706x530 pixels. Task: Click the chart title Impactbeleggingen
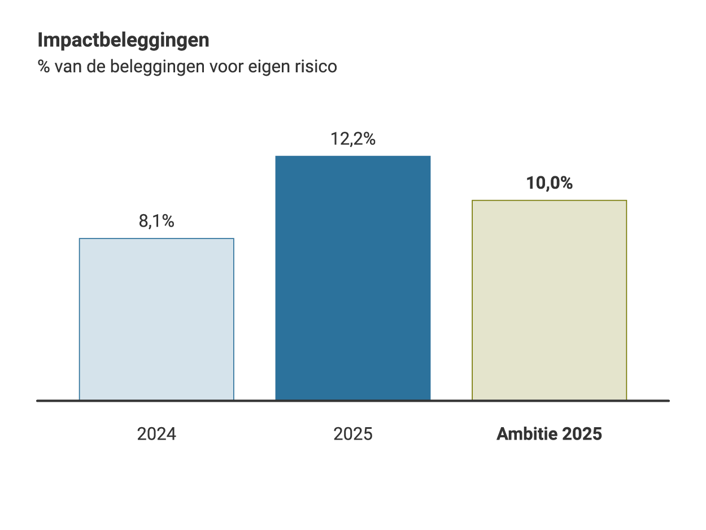point(123,41)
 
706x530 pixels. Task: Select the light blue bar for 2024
point(156,319)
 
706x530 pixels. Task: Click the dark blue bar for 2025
point(353,278)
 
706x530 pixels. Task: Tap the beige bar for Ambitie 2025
point(549,300)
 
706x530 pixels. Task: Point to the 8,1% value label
point(156,221)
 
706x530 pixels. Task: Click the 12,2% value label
point(353,139)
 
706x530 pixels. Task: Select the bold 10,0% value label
point(549,183)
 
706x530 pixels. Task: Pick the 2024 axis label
point(156,434)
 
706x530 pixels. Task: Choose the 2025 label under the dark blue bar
point(353,434)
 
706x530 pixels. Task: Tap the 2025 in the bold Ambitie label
point(582,434)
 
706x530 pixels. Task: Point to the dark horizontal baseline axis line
point(353,401)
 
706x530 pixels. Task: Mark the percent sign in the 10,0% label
point(566,183)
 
